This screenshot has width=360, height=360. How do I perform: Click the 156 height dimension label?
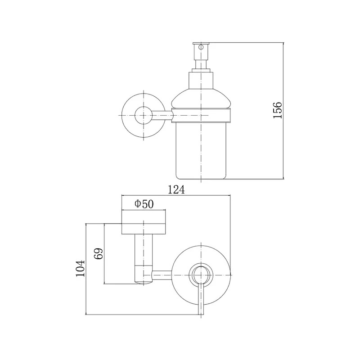point(277,110)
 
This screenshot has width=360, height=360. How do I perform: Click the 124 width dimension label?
point(176,189)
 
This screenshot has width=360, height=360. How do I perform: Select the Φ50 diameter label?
point(144,204)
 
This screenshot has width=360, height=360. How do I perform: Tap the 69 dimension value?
point(99,254)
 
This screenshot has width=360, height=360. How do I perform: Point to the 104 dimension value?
point(81,269)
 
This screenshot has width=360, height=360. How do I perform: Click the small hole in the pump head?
point(201,48)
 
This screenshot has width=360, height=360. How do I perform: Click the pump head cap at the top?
point(201,43)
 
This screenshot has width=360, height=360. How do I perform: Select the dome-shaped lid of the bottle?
point(201,99)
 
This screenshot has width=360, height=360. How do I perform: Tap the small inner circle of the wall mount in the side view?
point(144,115)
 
